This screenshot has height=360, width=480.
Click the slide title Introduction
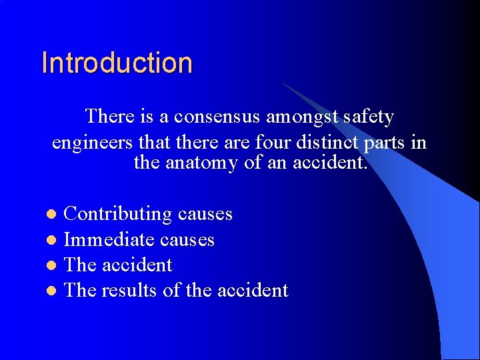[x=117, y=63]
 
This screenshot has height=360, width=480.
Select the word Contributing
[x=117, y=214]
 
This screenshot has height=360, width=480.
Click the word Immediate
[x=102, y=239]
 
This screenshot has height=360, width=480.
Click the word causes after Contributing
[x=205, y=214]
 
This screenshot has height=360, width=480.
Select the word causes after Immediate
[x=187, y=239]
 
